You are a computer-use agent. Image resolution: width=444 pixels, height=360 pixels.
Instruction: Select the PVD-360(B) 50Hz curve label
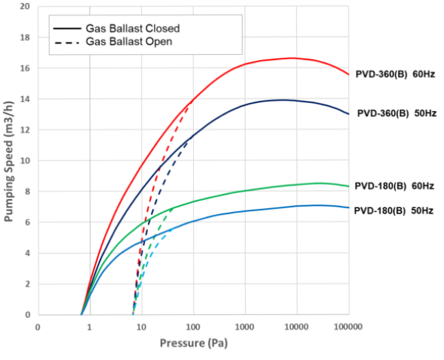pos(397,114)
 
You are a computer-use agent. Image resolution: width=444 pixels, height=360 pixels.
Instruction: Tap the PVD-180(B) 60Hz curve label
pos(394,186)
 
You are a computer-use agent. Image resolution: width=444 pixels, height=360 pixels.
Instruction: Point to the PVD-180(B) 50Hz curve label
pos(394,210)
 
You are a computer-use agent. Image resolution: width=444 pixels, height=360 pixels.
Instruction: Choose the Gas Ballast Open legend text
pos(129,41)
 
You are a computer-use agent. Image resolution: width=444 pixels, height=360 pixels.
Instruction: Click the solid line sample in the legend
pos(67,28)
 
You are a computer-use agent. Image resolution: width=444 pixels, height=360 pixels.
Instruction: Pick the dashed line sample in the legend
pos(67,41)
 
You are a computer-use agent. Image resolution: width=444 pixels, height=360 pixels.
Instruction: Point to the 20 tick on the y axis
pos(25,6)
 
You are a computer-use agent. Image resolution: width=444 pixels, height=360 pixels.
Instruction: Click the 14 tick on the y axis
pos(25,99)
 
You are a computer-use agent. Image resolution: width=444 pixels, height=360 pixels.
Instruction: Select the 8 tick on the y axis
pos(27,192)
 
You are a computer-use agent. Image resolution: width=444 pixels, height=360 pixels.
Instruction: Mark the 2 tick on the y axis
pos(27,284)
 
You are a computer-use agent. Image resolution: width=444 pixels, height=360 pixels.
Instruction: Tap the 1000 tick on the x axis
pos(244,327)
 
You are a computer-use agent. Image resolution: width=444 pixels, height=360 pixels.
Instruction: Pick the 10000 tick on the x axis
pos(296,327)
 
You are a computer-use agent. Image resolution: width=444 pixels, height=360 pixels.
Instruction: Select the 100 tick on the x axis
pos(193,327)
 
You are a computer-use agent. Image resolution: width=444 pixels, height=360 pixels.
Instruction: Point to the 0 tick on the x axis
pos(38,327)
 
